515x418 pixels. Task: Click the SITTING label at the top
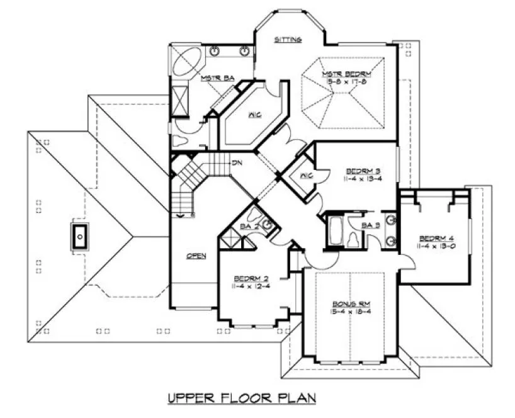(x=288, y=40)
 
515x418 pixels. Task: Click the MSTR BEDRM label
(x=344, y=74)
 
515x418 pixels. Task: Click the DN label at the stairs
(x=237, y=163)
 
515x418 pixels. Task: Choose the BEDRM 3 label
(x=362, y=171)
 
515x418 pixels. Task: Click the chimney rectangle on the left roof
(x=80, y=237)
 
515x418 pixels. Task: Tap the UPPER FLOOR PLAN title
(x=241, y=398)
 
